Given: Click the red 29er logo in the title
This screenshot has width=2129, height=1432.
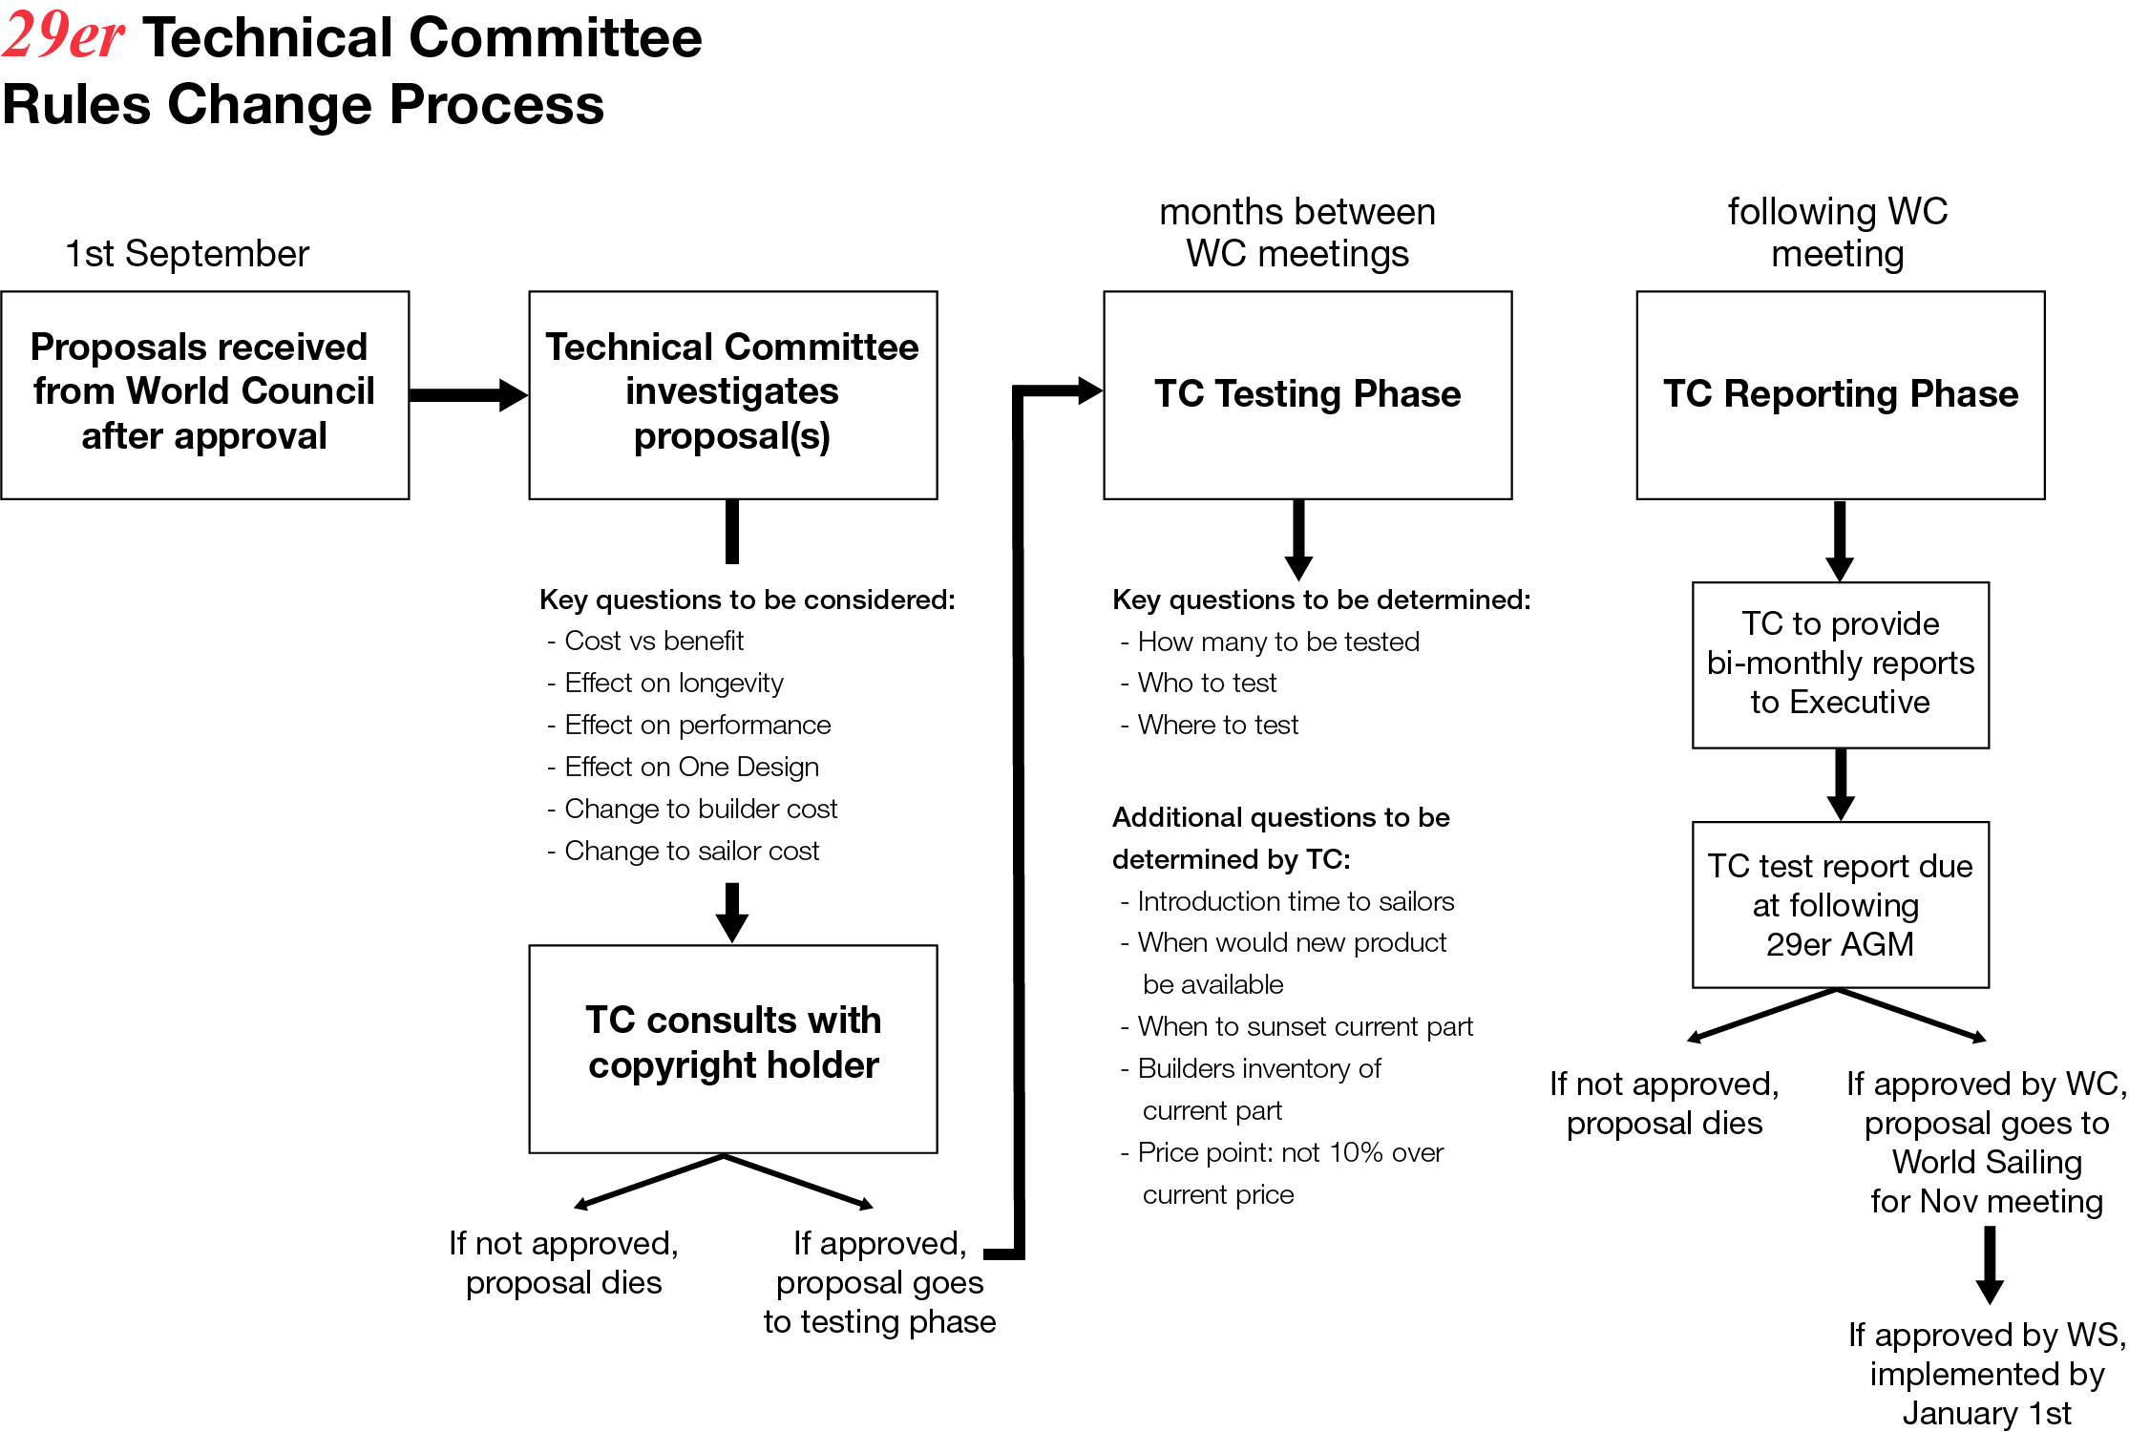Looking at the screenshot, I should pos(63,36).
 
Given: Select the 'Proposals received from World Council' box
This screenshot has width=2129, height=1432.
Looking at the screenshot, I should pos(204,394).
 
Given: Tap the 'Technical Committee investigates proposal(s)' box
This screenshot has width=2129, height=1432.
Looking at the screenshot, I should pos(732,394).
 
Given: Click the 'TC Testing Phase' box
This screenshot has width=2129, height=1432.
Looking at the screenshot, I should pos(1307,394).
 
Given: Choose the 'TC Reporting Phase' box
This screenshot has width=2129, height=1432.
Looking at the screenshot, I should pos(1840,394).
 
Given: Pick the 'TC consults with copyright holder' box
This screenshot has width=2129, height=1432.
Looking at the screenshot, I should pos(732,1048).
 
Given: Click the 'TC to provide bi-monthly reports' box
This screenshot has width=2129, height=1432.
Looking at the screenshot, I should pos(1840,664).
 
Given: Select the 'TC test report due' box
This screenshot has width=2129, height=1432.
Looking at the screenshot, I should pos(1840,904).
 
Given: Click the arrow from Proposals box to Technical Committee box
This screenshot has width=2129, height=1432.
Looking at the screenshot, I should pos(468,394).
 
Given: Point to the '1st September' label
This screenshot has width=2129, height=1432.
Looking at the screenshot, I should pos(187,254).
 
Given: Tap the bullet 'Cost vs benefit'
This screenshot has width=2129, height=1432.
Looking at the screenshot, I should pos(653,642).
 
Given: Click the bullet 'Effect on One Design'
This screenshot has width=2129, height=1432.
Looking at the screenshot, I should pos(691,768).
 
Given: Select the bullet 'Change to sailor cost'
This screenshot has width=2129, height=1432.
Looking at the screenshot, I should pos(691,852).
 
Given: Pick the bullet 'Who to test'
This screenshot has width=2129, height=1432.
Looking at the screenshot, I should pos(1206,684).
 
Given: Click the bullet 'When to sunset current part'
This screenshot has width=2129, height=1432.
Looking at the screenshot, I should pos(1304,1027).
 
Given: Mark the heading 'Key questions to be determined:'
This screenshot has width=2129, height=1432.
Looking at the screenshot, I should pos(1321,600).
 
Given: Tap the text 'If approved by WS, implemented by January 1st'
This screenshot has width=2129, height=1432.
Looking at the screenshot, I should pos(1987,1374).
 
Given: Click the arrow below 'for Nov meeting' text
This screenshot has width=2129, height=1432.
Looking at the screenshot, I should pos(1990,1264).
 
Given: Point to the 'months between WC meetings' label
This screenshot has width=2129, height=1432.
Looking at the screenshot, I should pos(1296,233).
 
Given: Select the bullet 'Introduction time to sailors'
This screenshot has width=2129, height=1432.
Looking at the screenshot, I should pos(1295,901).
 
